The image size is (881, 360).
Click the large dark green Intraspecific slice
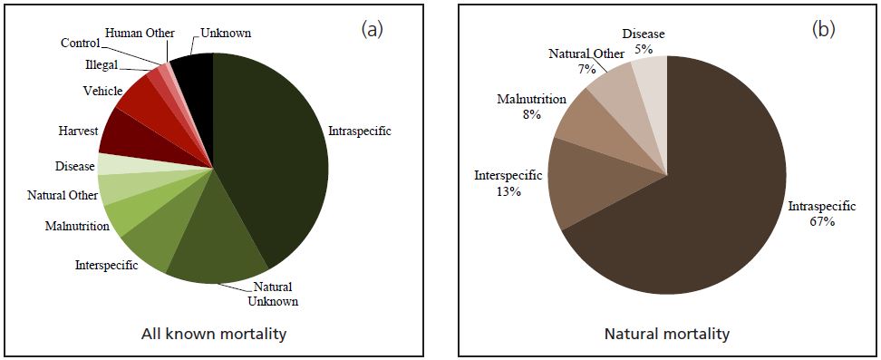276,154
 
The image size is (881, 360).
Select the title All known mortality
214,334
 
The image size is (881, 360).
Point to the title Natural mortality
666,334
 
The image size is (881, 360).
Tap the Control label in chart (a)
81,43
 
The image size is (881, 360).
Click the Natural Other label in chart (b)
586,54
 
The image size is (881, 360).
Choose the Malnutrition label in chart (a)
77,226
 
